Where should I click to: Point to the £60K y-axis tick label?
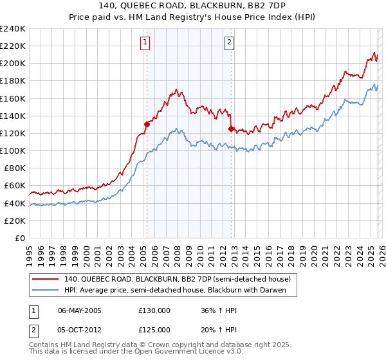(14, 186)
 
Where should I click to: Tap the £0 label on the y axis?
(20, 238)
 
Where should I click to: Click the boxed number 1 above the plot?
(145, 43)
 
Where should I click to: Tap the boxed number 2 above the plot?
(230, 43)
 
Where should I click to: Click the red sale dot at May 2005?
(147, 125)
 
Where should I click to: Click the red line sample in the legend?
(46, 279)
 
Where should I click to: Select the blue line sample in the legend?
(46, 290)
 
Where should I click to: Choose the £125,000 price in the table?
(154, 330)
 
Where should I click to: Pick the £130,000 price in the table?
(154, 310)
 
